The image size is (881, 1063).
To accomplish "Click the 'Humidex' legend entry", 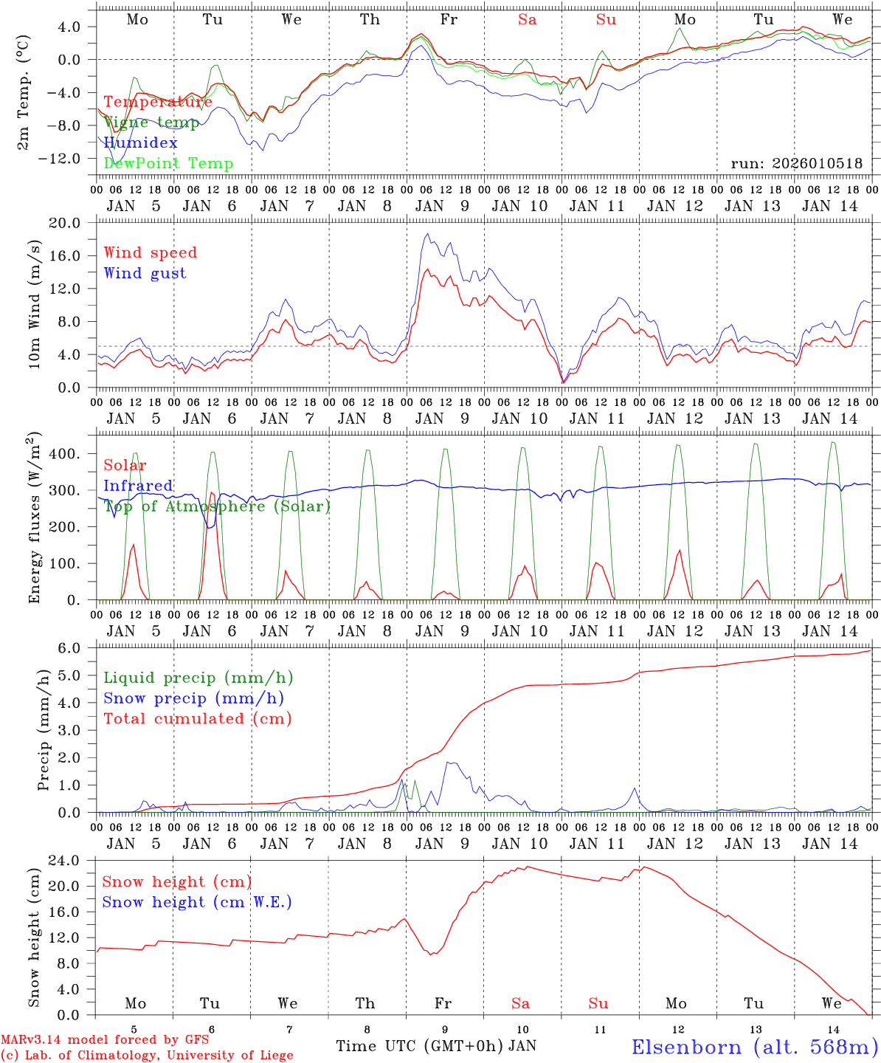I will click(x=140, y=143).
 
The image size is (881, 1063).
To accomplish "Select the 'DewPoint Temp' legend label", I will click(x=168, y=164).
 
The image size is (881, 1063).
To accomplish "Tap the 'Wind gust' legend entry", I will click(x=145, y=273).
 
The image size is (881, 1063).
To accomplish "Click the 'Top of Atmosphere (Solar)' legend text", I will click(x=217, y=506).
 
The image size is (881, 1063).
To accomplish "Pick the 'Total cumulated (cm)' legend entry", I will click(x=197, y=719).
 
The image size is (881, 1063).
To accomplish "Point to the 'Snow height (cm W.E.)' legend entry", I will click(x=197, y=902).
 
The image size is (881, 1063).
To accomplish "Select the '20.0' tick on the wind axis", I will click(x=73, y=223).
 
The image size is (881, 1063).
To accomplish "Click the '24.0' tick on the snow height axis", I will click(x=73, y=861).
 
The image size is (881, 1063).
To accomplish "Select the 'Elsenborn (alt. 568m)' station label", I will click(x=754, y=1047).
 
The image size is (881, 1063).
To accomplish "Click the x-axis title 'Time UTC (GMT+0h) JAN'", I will click(x=435, y=1046).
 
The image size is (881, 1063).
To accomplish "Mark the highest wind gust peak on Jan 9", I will click(x=427, y=235).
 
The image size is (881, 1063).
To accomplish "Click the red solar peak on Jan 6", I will click(x=212, y=492).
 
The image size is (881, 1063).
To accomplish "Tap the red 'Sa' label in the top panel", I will click(x=527, y=20).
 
